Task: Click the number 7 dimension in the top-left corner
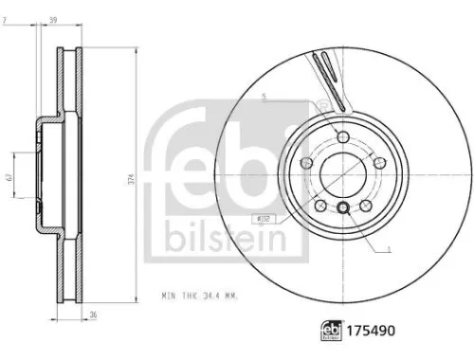click(7, 18)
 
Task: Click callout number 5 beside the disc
click(265, 97)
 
